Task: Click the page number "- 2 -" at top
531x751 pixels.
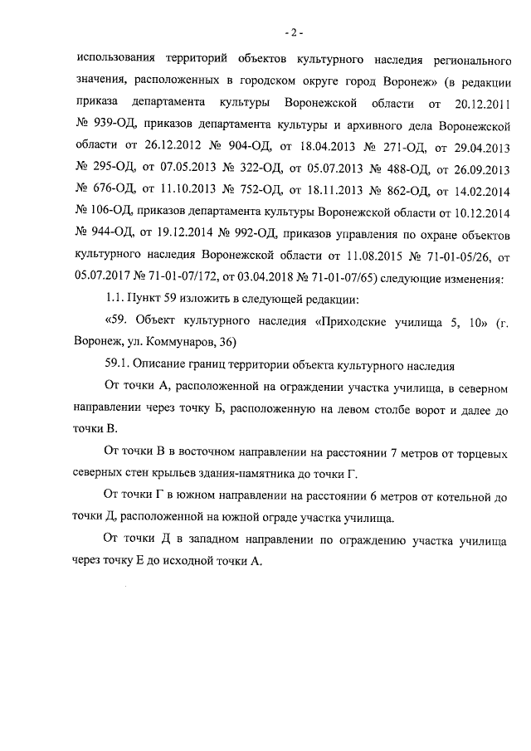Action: click(294, 33)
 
